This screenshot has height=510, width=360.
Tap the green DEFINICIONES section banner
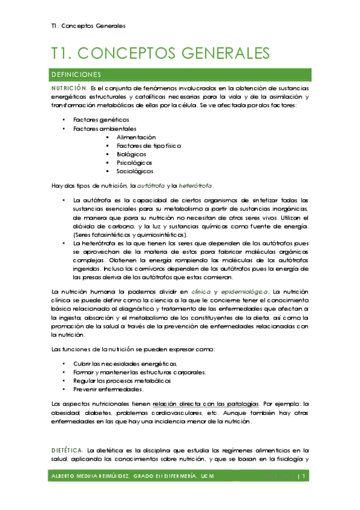[180, 75]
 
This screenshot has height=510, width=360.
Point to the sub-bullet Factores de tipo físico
[148, 146]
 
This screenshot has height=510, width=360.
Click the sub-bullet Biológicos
[132, 154]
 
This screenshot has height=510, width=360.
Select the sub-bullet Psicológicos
[135, 162]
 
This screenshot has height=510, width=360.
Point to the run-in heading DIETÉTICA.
[67, 449]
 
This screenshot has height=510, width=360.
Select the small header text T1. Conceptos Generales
[88, 26]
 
